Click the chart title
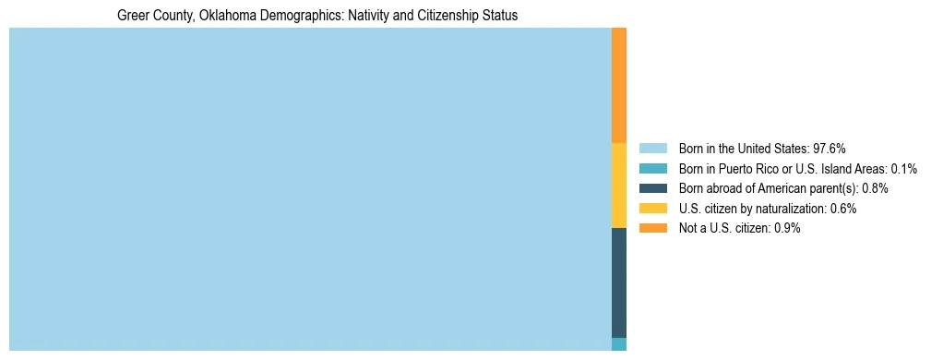pos(317,16)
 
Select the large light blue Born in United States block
pos(310,189)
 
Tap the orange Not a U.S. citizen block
pos(619,85)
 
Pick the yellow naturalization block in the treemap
pos(619,186)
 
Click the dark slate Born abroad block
pos(619,282)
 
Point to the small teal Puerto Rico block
pos(619,344)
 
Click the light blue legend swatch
pos(652,149)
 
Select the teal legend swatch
pos(652,169)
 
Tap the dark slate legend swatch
pos(652,188)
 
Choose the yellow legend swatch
pos(652,209)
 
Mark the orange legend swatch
pos(652,228)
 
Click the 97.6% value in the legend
pos(830,149)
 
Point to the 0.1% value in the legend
pos(903,169)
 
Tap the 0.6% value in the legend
pos(843,209)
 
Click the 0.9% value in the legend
pos(786,228)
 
